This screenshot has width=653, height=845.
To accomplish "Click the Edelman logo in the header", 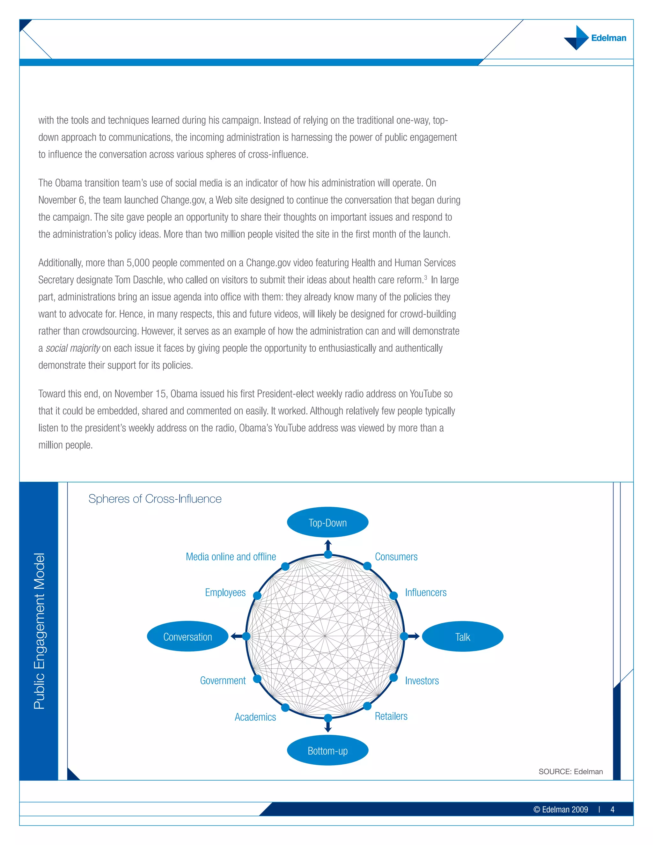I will (x=595, y=38).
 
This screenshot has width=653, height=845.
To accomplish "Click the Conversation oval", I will (x=187, y=636).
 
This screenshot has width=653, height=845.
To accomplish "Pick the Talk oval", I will (x=462, y=636).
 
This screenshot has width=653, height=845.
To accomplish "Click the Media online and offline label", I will (x=231, y=556).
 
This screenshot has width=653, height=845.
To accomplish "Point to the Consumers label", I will (x=396, y=556).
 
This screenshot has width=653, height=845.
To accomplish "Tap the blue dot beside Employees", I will (x=257, y=595).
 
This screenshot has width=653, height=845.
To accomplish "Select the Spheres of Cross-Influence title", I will (x=155, y=498).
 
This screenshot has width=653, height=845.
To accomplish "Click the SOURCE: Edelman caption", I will (x=571, y=771).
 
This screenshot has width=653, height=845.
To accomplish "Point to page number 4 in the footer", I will (x=613, y=809).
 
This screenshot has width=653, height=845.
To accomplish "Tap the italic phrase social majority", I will (x=73, y=348).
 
